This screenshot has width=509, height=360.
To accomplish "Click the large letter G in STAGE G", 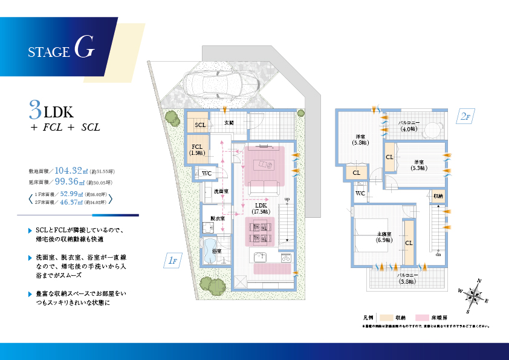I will (x=85, y=50).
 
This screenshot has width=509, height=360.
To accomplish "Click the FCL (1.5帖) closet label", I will (x=197, y=149).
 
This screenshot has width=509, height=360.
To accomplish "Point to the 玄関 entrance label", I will (x=229, y=122).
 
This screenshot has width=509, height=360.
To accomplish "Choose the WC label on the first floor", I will (x=206, y=174).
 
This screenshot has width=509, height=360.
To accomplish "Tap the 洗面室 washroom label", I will (x=221, y=191).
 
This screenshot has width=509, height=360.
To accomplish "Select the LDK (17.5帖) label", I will (x=261, y=209).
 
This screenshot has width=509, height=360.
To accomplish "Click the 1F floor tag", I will (x=172, y=260).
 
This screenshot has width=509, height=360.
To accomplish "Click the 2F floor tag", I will (x=464, y=117).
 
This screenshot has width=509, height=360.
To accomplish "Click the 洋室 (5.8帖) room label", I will (x=360, y=139).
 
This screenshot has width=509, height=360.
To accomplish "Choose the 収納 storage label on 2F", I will (x=438, y=196).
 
